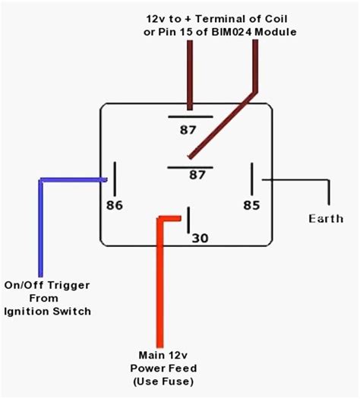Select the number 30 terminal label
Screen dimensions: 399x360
(x=199, y=239)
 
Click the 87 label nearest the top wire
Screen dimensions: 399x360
(x=188, y=130)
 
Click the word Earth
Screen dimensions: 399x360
(x=326, y=219)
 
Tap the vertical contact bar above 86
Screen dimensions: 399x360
(x=115, y=179)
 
